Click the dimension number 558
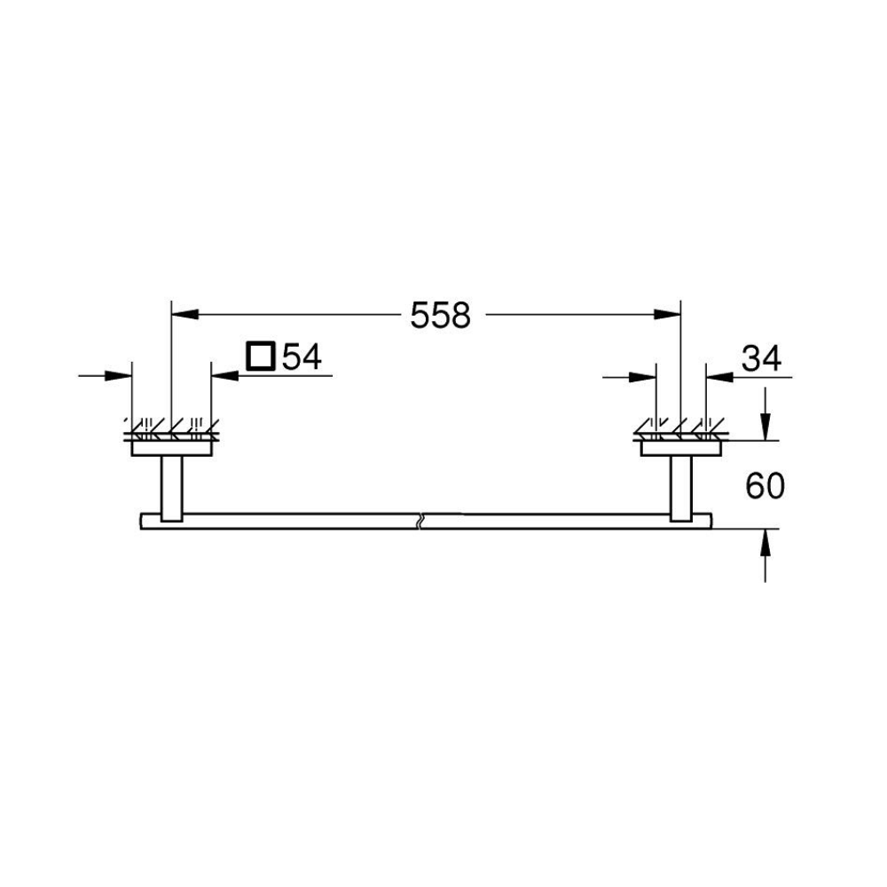(440, 315)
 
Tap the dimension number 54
(302, 357)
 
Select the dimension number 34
(761, 358)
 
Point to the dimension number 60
(765, 485)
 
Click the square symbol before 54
(261, 356)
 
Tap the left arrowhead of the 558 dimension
(185, 314)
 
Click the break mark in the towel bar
(420, 522)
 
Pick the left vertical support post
(172, 488)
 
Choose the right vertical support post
(681, 488)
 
